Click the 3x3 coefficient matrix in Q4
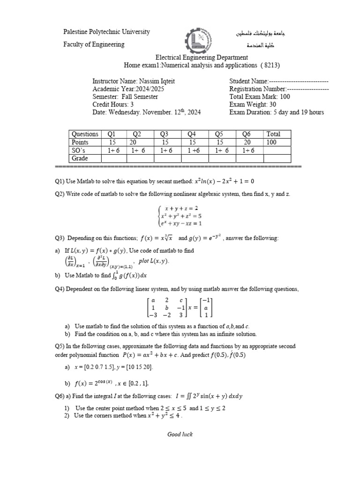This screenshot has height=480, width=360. tap(166, 307)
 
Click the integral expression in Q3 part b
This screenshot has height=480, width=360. tap(128, 275)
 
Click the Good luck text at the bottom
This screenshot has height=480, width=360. tap(180, 434)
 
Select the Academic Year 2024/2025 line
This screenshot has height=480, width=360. tap(128, 89)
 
